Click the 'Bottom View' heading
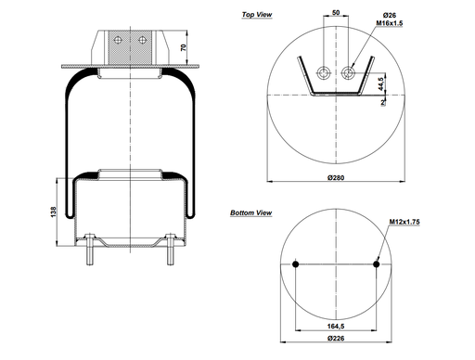[x=250, y=213]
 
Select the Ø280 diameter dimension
[x=336, y=177]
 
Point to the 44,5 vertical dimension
[x=382, y=84]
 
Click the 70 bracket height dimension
[x=183, y=46]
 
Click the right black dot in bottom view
[x=376, y=264]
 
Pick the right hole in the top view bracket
[x=348, y=74]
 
